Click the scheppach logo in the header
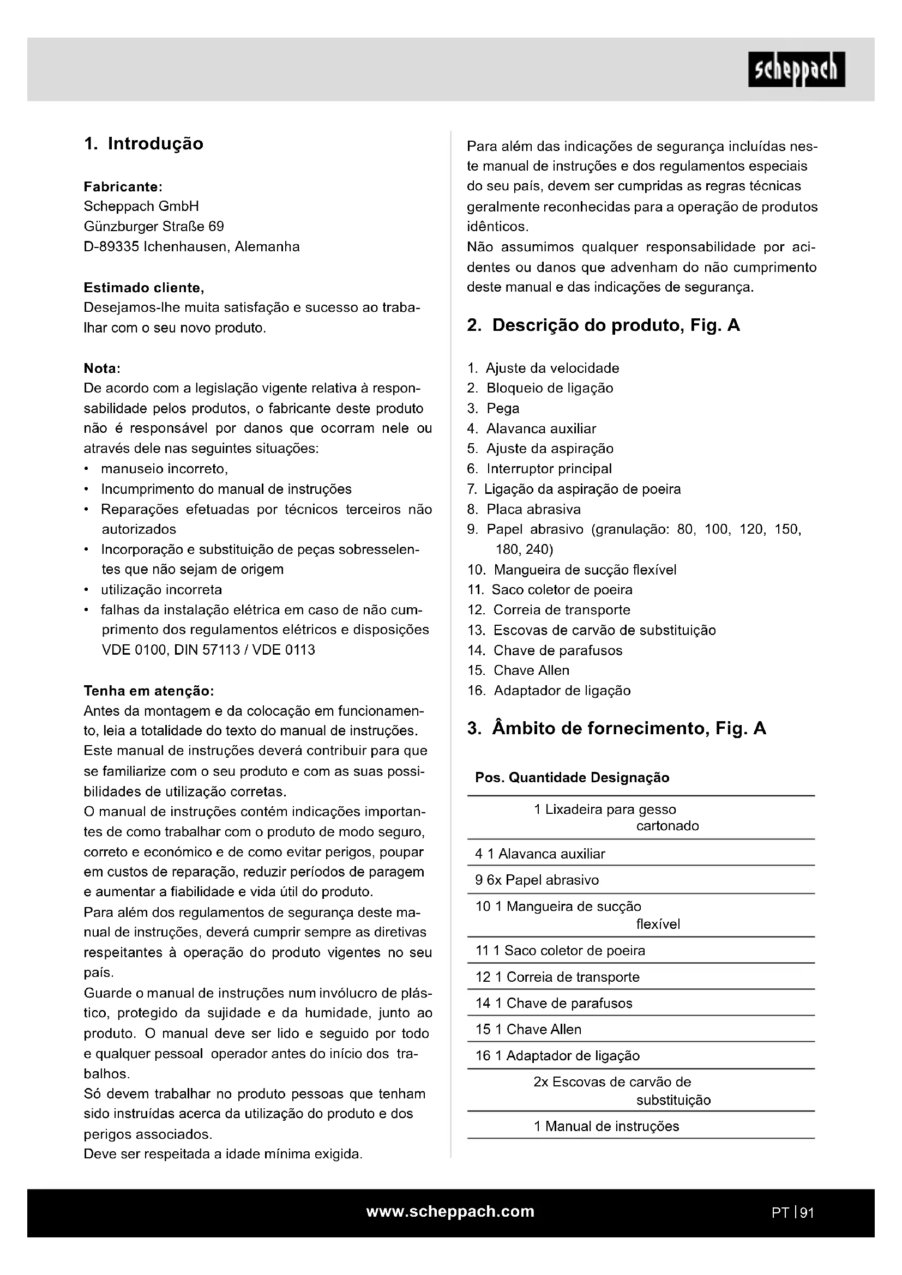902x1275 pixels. pyautogui.click(x=796, y=69)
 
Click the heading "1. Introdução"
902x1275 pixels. pyautogui.click(x=143, y=144)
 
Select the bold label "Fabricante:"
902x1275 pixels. pyautogui.click(x=123, y=186)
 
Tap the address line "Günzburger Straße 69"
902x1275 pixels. pyautogui.click(x=154, y=227)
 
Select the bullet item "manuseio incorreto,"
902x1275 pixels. pyautogui.click(x=164, y=469)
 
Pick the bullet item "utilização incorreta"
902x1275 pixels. pyautogui.click(x=161, y=590)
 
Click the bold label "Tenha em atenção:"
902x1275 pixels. pyautogui.click(x=148, y=691)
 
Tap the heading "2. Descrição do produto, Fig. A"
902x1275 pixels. pyautogui.click(x=603, y=325)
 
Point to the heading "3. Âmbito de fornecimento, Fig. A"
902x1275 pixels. pyautogui.click(x=617, y=729)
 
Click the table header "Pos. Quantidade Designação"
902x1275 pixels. pyautogui.click(x=572, y=778)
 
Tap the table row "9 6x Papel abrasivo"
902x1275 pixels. pyautogui.click(x=537, y=880)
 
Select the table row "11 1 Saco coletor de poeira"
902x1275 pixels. pyautogui.click(x=560, y=951)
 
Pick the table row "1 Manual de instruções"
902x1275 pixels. pyautogui.click(x=606, y=1126)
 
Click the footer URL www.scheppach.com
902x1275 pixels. pyautogui.click(x=450, y=1212)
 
